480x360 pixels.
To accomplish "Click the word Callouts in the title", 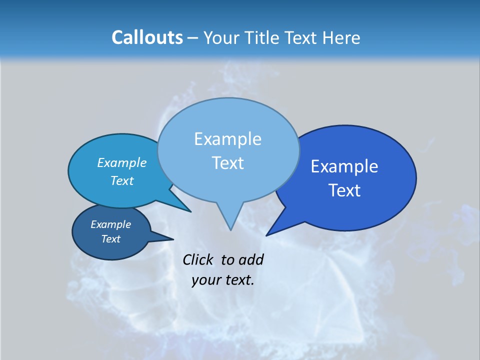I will tap(147, 37).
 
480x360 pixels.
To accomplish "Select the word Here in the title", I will tap(342, 37).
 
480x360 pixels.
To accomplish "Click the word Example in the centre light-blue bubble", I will tap(227, 139).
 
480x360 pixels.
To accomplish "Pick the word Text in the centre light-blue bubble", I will tap(227, 163).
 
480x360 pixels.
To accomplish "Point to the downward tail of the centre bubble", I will tap(230, 220).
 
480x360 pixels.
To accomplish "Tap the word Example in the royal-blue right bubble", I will tap(344, 166).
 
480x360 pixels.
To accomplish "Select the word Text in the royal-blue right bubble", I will tap(344, 190).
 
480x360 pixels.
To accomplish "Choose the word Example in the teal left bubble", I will tap(122, 162).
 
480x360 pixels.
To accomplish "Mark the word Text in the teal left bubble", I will tap(122, 180).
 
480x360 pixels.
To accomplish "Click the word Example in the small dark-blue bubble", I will tap(110, 224).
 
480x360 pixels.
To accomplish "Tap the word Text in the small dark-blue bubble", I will tap(110, 239).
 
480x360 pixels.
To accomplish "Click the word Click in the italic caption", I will tap(199, 259).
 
